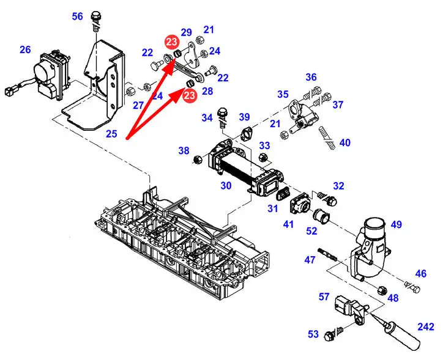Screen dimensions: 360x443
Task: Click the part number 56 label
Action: pyautogui.click(x=77, y=17)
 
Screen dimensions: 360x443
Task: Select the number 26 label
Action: pyautogui.click(x=25, y=50)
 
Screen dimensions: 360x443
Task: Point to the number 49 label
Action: pyautogui.click(x=396, y=225)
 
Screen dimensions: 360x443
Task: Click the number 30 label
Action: pyautogui.click(x=226, y=185)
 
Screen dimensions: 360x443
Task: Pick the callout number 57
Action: pyautogui.click(x=324, y=297)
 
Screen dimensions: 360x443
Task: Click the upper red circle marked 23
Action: pyautogui.click(x=171, y=42)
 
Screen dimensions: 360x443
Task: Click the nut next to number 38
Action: pyautogui.click(x=198, y=160)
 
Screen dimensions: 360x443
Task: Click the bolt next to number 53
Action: pyautogui.click(x=331, y=334)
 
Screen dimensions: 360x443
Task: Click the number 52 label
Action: pyautogui.click(x=312, y=232)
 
